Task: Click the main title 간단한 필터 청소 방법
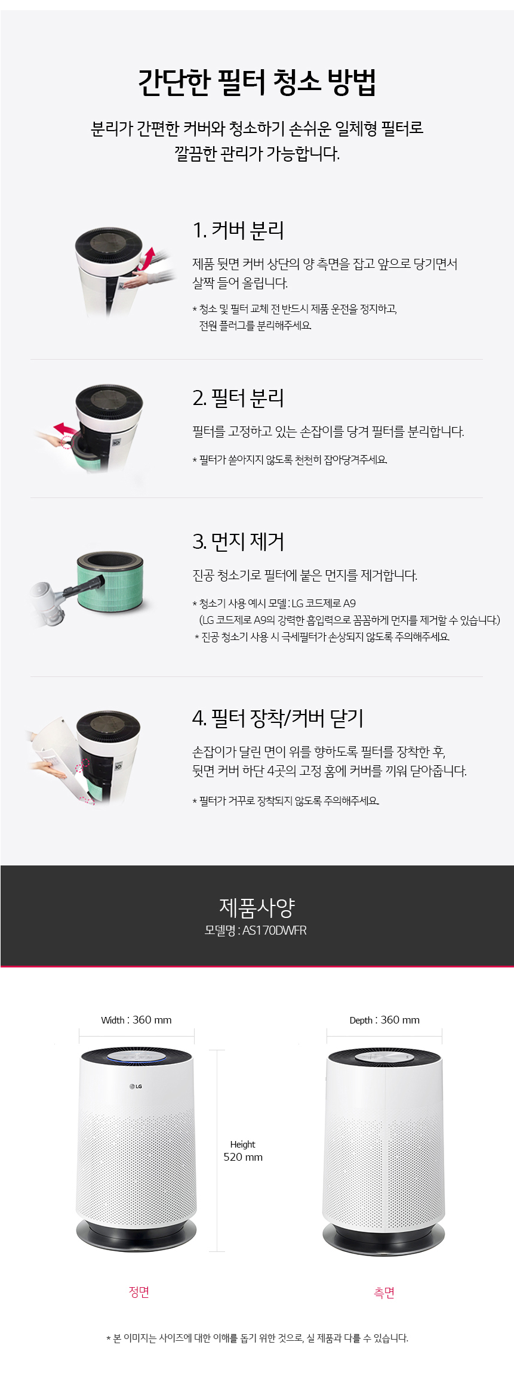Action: coord(257,82)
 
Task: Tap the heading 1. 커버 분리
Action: coord(238,230)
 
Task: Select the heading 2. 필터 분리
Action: coord(238,398)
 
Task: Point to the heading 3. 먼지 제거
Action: coord(238,542)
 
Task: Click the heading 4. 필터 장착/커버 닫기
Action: coord(278,718)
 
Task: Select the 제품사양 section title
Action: coord(257,907)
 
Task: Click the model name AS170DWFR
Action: coord(274,930)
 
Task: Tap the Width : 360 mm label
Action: coord(136,1020)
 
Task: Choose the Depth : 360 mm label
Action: coord(384,1020)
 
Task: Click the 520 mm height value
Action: coord(243,1157)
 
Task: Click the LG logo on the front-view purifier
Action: coord(136,1086)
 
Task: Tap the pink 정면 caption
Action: coord(139,1291)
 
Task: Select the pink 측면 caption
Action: coord(384,1292)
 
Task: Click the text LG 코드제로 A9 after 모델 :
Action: coord(323,603)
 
